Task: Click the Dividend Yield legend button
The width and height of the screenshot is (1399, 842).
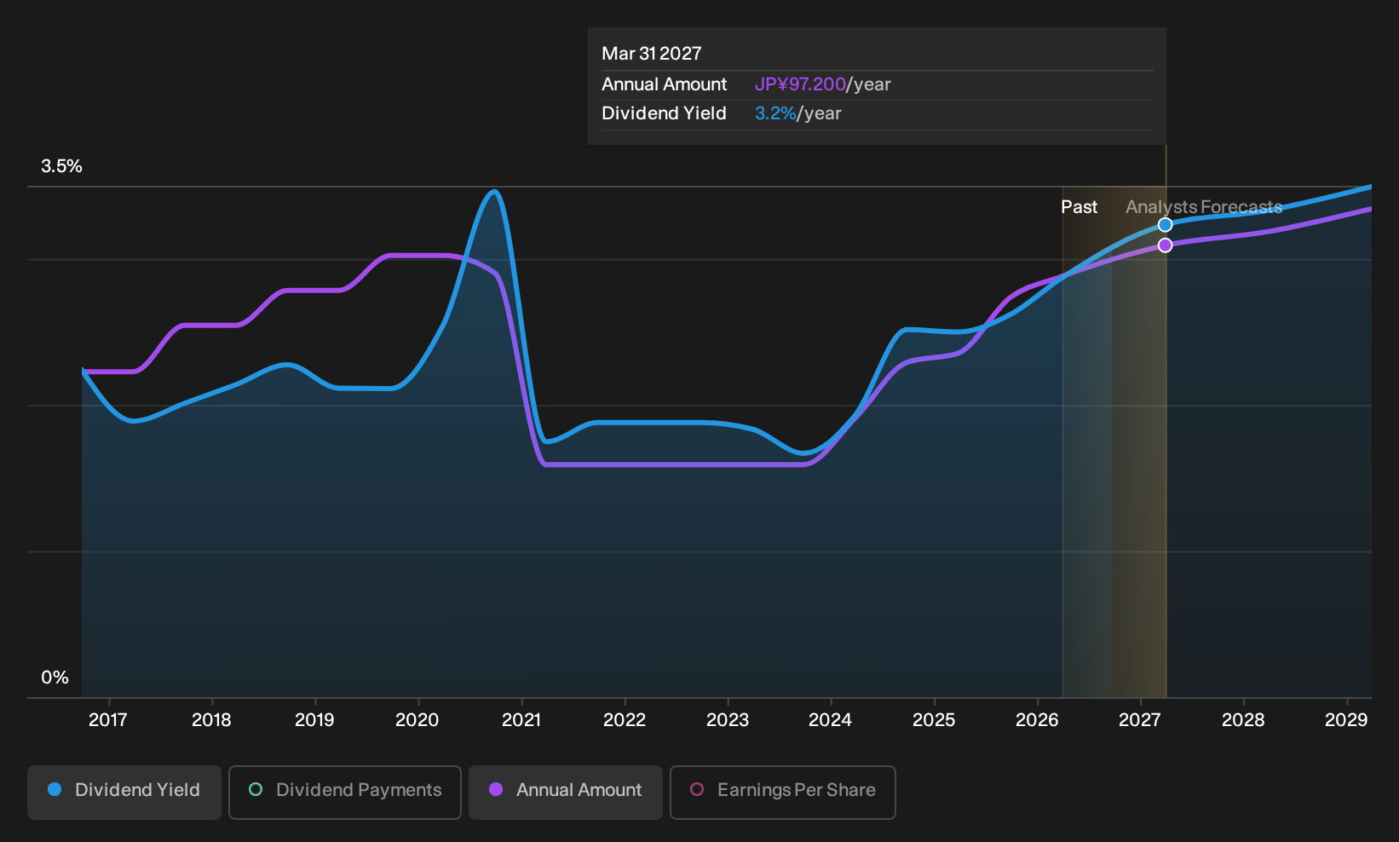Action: pyautogui.click(x=124, y=792)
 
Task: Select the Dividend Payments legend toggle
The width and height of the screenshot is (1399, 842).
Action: pyautogui.click(x=345, y=792)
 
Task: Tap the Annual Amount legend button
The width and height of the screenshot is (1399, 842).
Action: pyautogui.click(x=565, y=792)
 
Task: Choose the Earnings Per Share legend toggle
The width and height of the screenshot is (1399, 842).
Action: pyautogui.click(x=782, y=792)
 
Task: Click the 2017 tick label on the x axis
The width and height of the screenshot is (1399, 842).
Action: pyautogui.click(x=108, y=720)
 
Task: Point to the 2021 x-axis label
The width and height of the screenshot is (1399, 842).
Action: pyautogui.click(x=521, y=720)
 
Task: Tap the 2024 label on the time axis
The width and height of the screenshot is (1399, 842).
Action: pyautogui.click(x=831, y=720)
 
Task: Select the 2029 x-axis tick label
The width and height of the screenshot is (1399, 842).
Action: pyautogui.click(x=1346, y=720)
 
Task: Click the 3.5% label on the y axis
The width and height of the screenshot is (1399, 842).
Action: pyautogui.click(x=61, y=166)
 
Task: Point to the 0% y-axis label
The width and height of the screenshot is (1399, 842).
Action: pyautogui.click(x=55, y=678)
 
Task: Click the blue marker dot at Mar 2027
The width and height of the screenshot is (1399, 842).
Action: pyautogui.click(x=1165, y=225)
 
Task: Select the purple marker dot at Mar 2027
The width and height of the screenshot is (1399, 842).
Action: pyautogui.click(x=1165, y=245)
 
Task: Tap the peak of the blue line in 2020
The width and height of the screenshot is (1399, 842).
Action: pyautogui.click(x=494, y=191)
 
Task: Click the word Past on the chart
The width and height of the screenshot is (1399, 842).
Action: pyautogui.click(x=1079, y=207)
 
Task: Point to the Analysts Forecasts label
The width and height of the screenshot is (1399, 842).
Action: pyautogui.click(x=1204, y=207)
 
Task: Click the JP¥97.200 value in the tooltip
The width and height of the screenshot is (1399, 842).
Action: pyautogui.click(x=800, y=84)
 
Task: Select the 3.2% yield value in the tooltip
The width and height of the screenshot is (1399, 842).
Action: pyautogui.click(x=775, y=113)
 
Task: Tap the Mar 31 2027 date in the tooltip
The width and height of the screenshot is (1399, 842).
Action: pyautogui.click(x=652, y=54)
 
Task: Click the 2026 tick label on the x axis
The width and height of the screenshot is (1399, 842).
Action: pyautogui.click(x=1038, y=720)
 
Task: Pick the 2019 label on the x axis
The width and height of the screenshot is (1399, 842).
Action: pyautogui.click(x=314, y=720)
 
